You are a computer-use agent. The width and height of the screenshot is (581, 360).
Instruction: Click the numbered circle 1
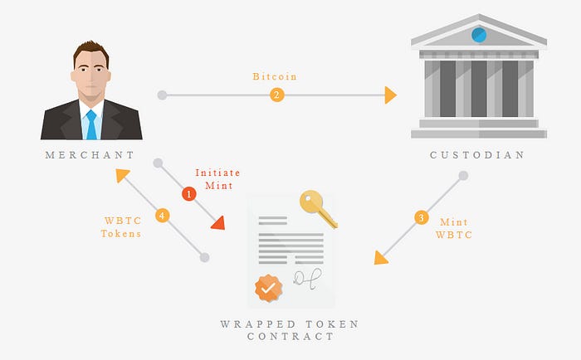(x=188, y=193)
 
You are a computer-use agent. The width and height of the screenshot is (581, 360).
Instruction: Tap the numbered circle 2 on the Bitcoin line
(x=276, y=95)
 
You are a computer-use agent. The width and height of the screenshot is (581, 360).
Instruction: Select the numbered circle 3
(x=421, y=218)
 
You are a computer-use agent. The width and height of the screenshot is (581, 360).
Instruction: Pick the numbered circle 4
(x=162, y=215)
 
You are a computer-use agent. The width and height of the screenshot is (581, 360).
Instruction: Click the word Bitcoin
(x=275, y=76)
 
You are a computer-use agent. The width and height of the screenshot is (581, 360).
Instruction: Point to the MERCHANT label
(x=90, y=155)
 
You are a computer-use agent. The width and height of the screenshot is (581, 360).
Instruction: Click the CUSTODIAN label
(x=477, y=155)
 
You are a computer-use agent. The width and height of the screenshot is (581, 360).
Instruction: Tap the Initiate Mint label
(x=217, y=178)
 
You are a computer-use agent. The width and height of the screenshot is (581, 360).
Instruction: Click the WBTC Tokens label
(x=120, y=227)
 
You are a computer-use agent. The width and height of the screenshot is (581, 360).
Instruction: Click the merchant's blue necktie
(x=91, y=124)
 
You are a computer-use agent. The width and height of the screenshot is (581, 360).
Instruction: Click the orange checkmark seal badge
(x=268, y=288)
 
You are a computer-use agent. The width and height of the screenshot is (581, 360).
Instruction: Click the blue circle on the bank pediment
(x=479, y=35)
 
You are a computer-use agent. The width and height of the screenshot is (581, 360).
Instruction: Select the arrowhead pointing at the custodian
(x=390, y=95)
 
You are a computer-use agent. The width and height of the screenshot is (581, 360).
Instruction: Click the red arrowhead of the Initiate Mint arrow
(x=218, y=222)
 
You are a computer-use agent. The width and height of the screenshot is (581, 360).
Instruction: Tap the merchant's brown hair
(x=90, y=53)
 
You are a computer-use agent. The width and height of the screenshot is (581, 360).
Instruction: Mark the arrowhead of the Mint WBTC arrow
(x=380, y=257)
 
